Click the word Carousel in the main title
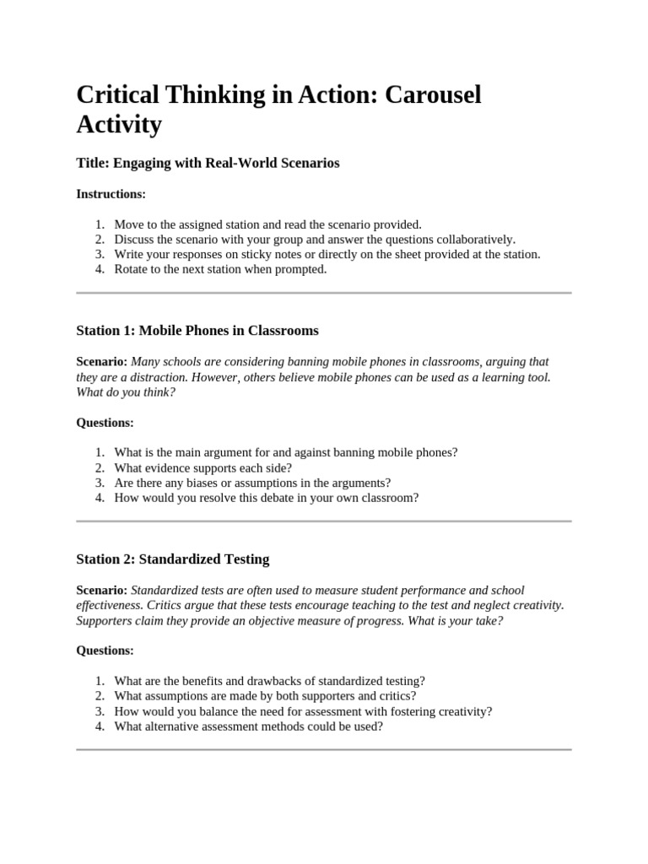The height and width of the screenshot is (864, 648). (x=433, y=94)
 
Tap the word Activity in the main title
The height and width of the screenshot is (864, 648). (x=118, y=124)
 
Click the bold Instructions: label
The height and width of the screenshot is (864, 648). (x=111, y=194)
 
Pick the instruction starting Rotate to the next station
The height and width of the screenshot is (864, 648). (x=219, y=269)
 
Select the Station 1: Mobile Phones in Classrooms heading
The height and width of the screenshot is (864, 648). (x=197, y=330)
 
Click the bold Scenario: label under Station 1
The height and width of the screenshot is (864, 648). (x=102, y=362)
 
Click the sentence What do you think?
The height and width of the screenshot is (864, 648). (x=126, y=392)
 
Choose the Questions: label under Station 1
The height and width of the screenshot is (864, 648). (x=105, y=422)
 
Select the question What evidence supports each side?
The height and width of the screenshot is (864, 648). (x=202, y=467)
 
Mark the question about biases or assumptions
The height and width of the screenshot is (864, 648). (x=252, y=483)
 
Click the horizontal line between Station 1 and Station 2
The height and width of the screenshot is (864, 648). (x=323, y=521)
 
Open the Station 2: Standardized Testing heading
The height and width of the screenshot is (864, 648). (x=172, y=559)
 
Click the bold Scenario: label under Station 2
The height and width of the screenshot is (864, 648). (x=102, y=591)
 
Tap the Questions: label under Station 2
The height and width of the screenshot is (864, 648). (x=105, y=651)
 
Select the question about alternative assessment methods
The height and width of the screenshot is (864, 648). (x=248, y=726)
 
